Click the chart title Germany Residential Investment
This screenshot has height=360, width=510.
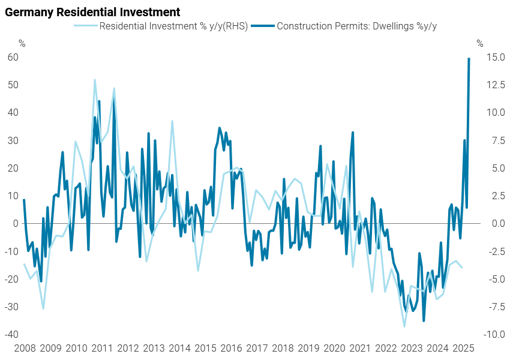(x=92, y=12)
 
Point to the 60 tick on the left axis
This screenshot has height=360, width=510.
(x=13, y=57)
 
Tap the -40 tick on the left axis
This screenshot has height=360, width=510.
(x=12, y=334)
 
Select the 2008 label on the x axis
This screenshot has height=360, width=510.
(x=25, y=348)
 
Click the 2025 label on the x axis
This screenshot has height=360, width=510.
(x=464, y=348)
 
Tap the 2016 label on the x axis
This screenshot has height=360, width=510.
(x=232, y=348)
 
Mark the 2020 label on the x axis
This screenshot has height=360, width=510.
(x=335, y=348)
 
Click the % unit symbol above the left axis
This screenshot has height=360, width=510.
(x=22, y=43)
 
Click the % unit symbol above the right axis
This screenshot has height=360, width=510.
(x=479, y=43)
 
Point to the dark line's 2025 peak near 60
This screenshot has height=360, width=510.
(x=469, y=58)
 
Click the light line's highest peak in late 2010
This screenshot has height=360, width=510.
(x=95, y=80)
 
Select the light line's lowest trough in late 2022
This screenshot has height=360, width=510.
(x=404, y=326)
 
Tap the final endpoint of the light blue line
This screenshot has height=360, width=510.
(x=462, y=268)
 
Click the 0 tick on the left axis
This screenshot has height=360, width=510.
(x=16, y=223)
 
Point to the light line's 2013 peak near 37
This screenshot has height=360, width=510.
(x=172, y=121)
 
